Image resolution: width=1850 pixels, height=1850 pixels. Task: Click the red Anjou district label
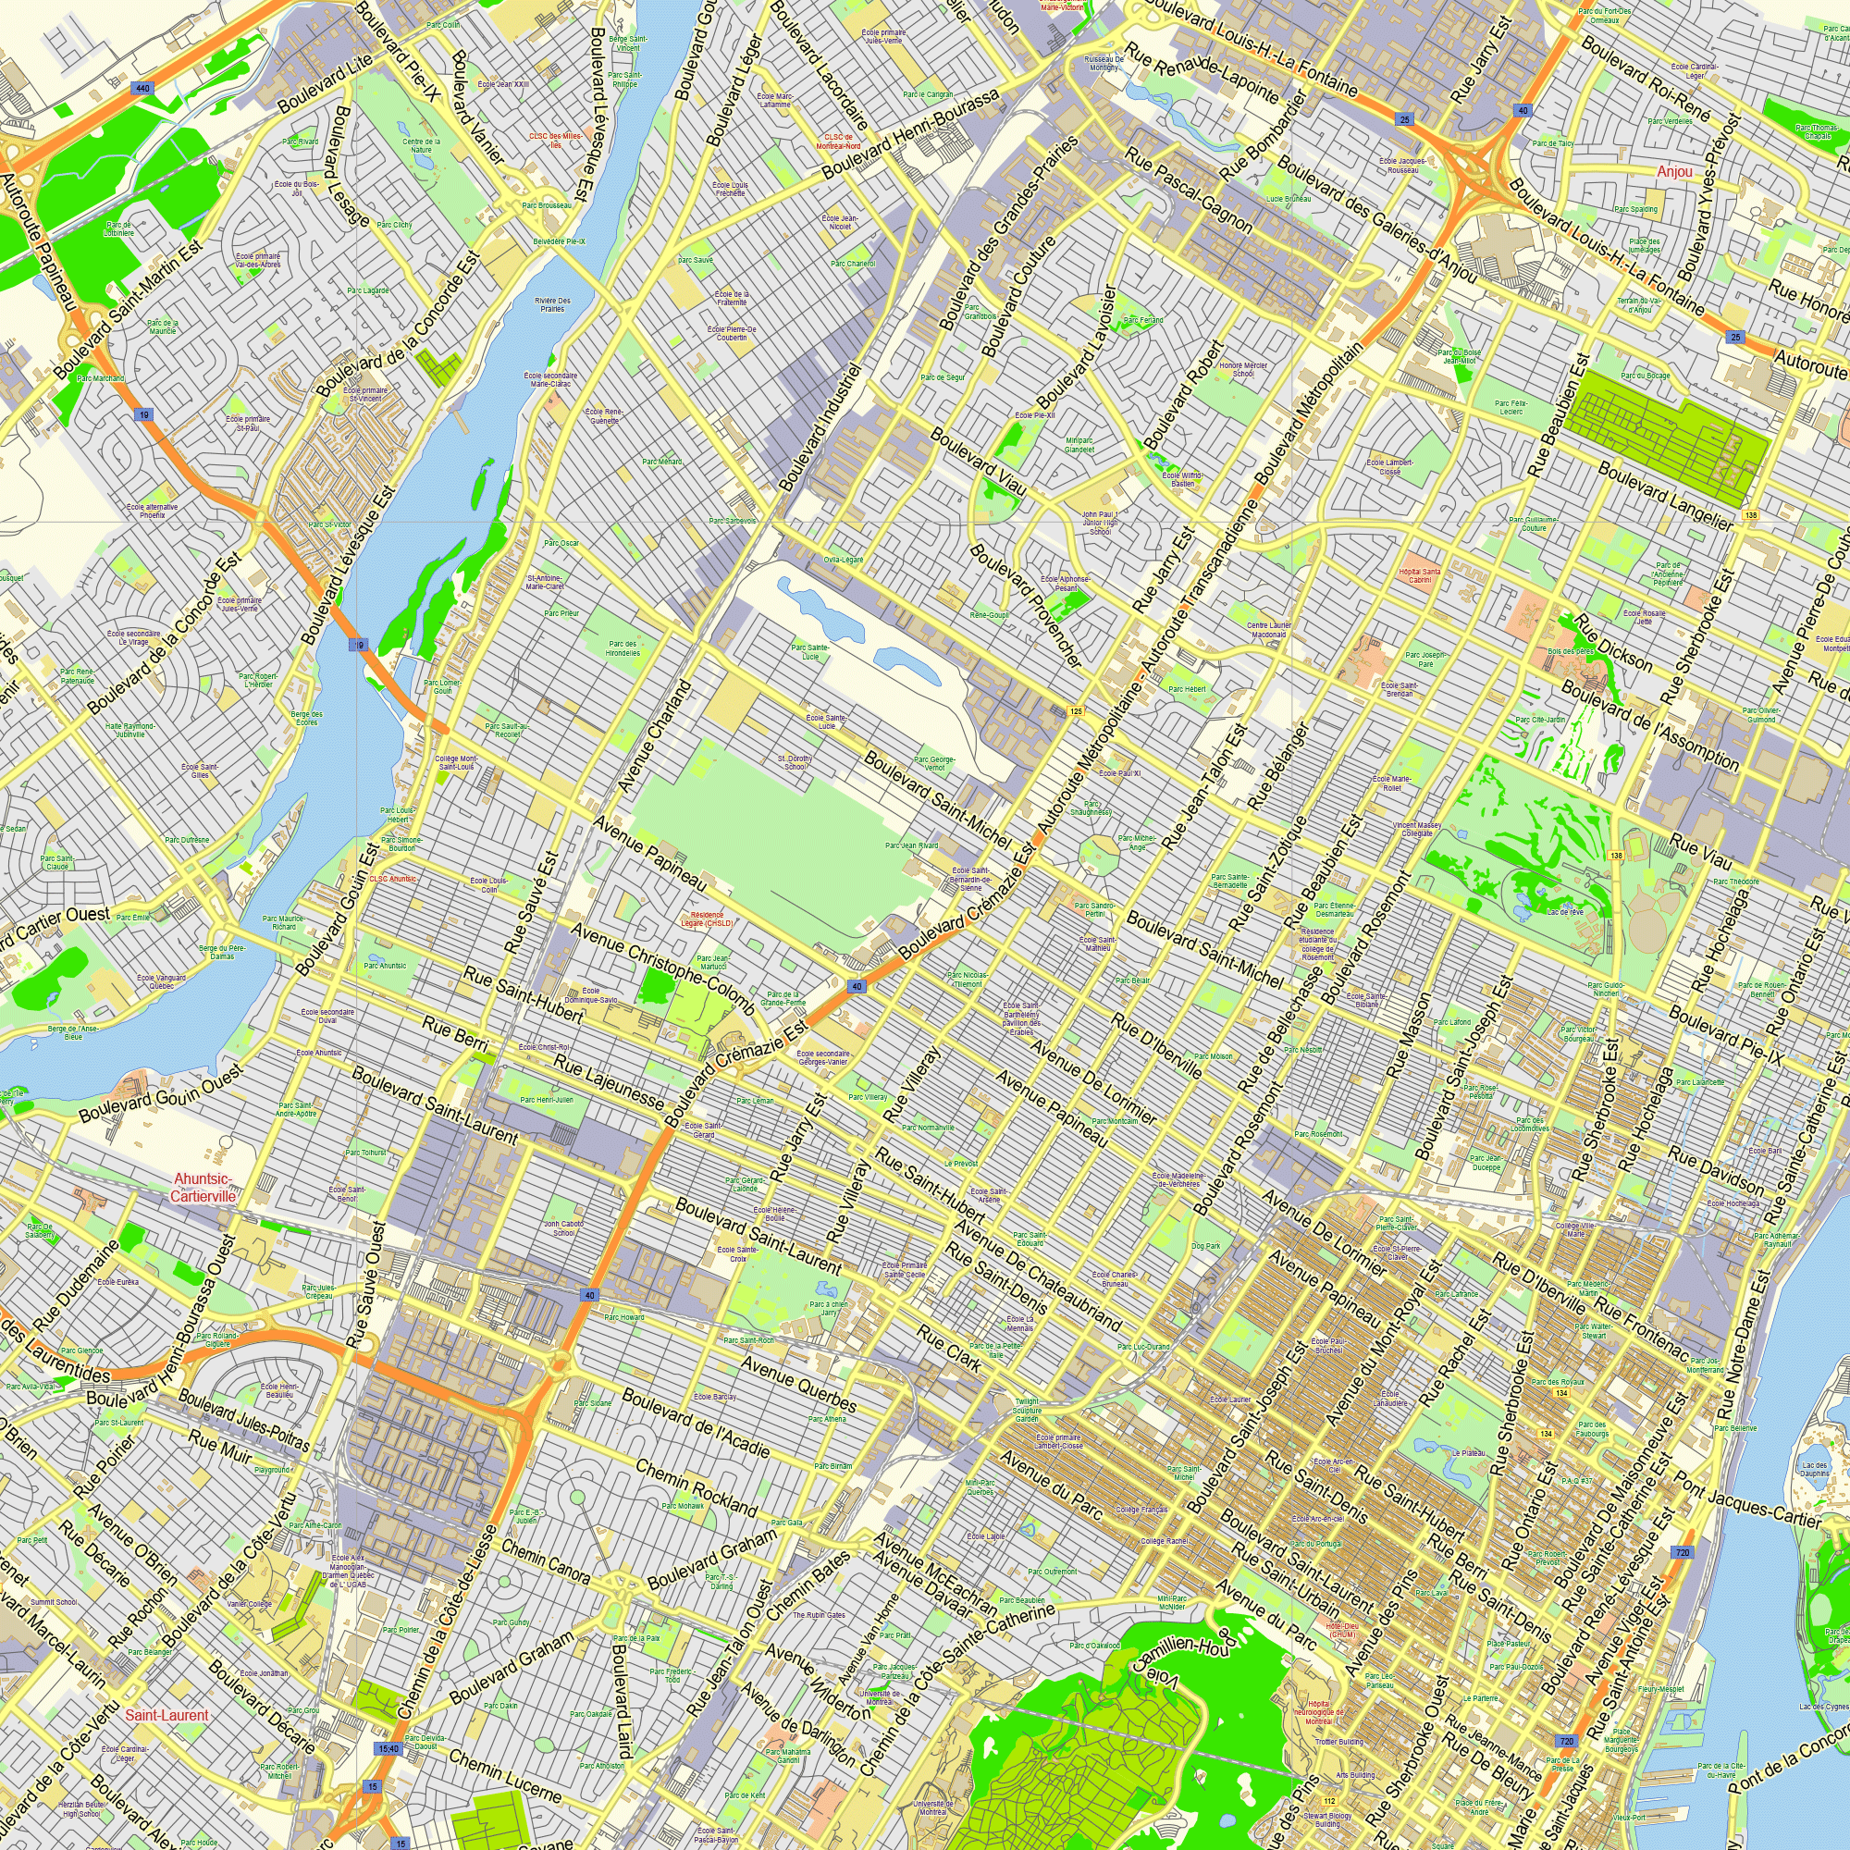point(1675,171)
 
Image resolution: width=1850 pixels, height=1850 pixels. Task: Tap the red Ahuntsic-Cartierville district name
point(203,1188)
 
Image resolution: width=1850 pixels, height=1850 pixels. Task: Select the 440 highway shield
point(142,88)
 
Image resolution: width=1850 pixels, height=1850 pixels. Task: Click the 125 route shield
point(1076,711)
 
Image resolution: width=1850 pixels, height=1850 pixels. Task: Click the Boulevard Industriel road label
point(820,427)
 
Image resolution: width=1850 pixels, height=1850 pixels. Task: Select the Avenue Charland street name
point(654,735)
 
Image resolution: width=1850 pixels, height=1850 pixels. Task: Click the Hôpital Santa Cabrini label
point(1420,575)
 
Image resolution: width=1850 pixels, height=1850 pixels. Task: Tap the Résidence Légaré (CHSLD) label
point(708,919)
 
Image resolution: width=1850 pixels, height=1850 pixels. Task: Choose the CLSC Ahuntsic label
point(392,879)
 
